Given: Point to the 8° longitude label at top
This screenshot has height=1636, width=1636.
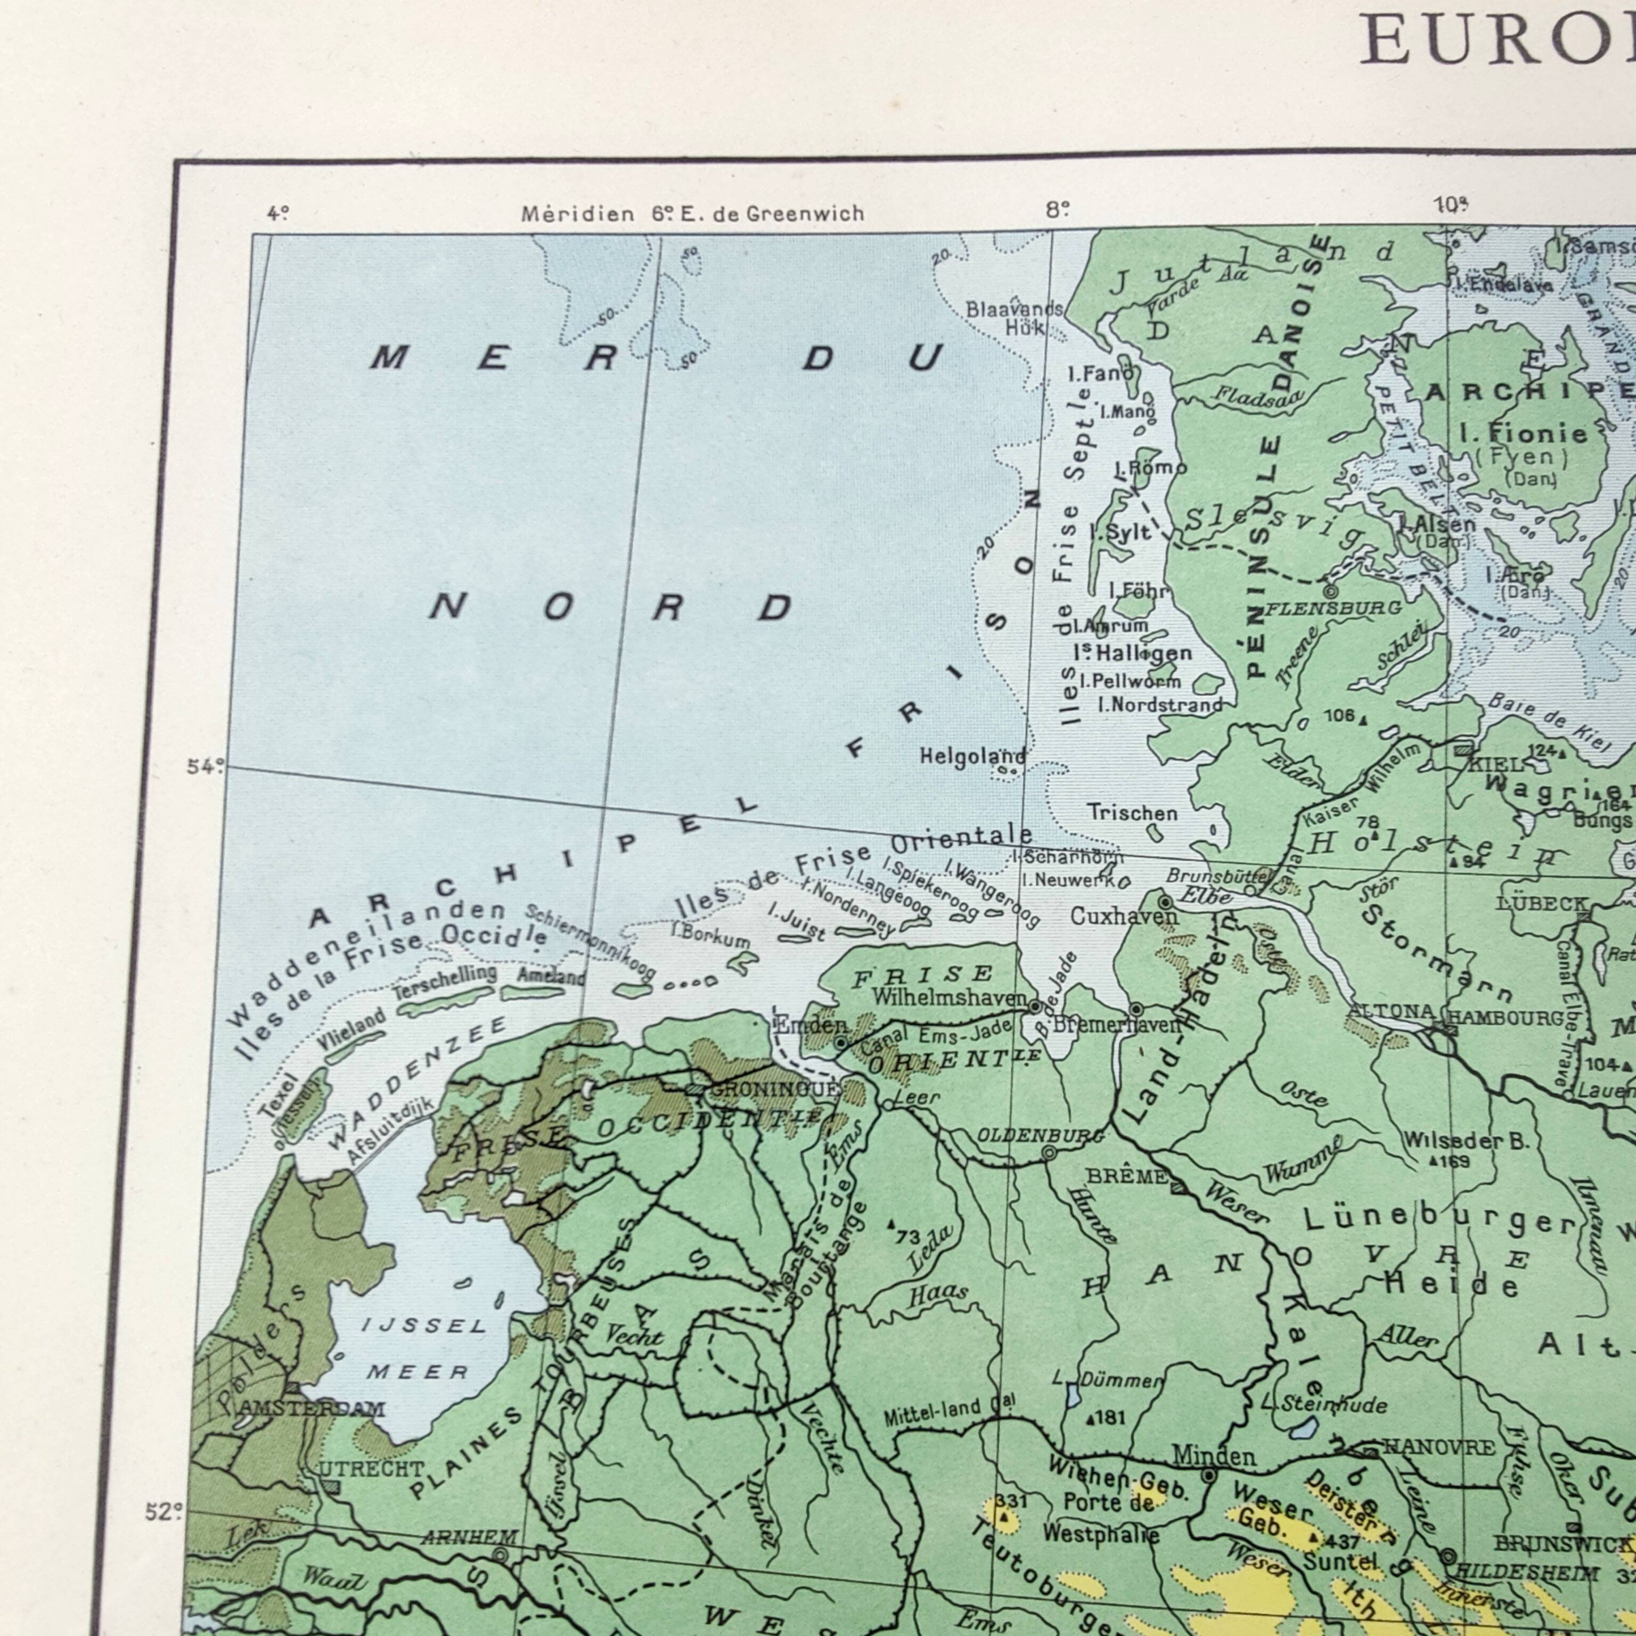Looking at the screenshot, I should coord(1058,209).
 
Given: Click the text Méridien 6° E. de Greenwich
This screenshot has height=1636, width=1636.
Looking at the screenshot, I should coord(693,214).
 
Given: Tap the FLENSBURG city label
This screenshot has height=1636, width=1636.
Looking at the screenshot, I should coord(1333,608).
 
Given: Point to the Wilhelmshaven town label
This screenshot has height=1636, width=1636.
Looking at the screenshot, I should coord(948,997).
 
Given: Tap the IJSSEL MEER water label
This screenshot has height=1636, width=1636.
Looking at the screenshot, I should coord(421,1348).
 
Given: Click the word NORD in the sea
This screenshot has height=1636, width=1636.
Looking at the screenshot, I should coord(611,606).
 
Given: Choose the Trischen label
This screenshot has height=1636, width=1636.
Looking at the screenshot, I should coord(1132,813).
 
